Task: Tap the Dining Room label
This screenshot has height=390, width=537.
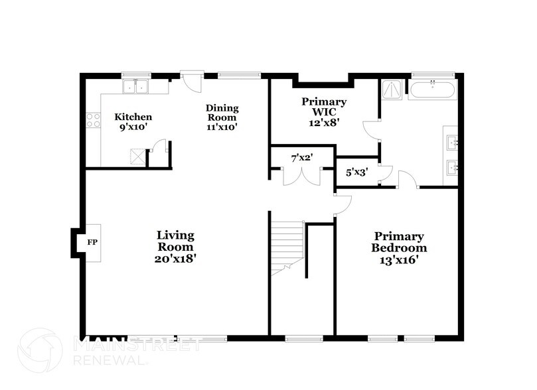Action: (x=222, y=117)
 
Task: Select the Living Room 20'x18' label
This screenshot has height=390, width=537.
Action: (x=176, y=247)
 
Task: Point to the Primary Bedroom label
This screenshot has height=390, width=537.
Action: (x=398, y=248)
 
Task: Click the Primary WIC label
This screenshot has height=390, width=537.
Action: (x=324, y=111)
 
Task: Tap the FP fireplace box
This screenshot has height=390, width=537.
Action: (x=92, y=243)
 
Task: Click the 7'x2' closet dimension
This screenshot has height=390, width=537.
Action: (x=303, y=158)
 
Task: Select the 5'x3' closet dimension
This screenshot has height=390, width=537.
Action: (x=357, y=172)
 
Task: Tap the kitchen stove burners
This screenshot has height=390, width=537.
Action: (x=93, y=120)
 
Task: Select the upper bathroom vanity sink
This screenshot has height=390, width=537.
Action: (x=451, y=141)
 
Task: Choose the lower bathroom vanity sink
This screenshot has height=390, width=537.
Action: (x=451, y=166)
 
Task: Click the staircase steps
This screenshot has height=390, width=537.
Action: (x=287, y=247)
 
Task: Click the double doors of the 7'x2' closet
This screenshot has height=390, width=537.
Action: (x=303, y=177)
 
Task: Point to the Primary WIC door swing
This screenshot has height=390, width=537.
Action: (x=371, y=129)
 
